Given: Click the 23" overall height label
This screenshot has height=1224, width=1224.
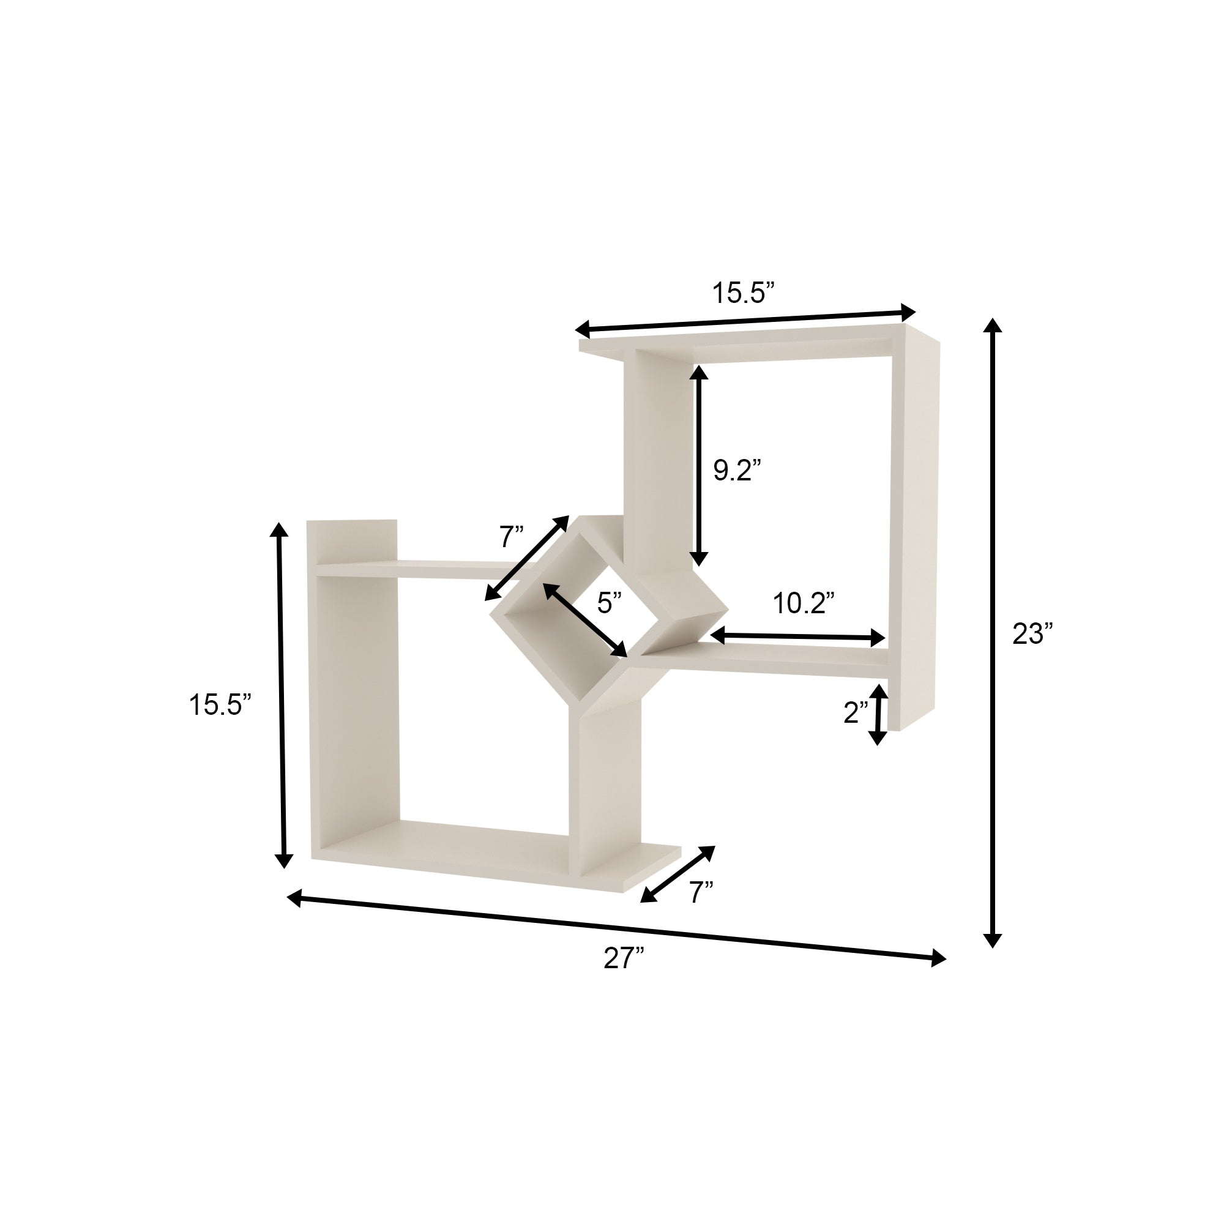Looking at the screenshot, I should click(x=1032, y=633).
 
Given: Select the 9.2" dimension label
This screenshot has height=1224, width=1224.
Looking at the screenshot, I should click(x=736, y=470).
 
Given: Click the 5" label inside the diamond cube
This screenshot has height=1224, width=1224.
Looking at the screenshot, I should click(x=609, y=602).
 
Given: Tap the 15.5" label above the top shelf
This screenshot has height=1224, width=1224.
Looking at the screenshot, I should click(x=743, y=293).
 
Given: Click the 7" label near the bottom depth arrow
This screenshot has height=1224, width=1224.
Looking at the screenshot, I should click(x=701, y=894).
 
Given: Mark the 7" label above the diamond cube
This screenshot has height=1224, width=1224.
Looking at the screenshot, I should click(x=510, y=537).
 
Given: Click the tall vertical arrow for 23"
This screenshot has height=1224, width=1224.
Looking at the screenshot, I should click(x=993, y=633).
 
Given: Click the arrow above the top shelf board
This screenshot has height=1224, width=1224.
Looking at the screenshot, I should click(x=745, y=321).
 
